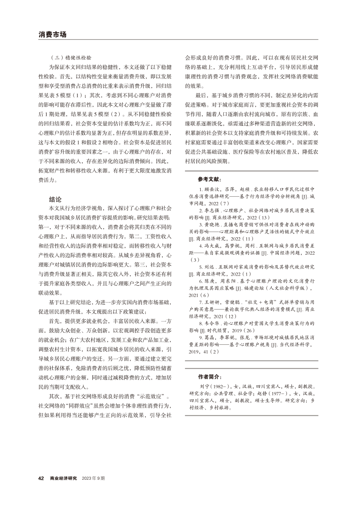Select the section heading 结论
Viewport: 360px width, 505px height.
(x=56, y=188)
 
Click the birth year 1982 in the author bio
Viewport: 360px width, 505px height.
(x=220, y=386)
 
